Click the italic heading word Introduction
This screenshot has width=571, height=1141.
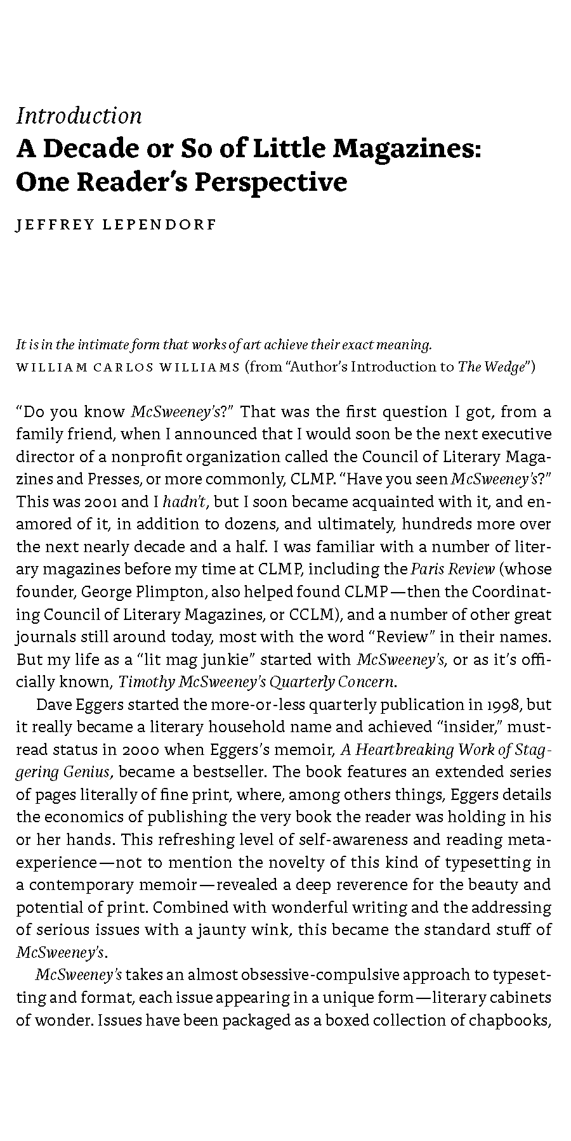(x=79, y=116)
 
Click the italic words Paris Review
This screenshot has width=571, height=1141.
(x=453, y=569)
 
